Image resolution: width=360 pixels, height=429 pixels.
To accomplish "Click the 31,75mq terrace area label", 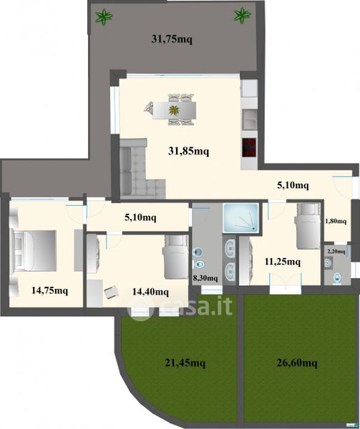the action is tap(172, 39).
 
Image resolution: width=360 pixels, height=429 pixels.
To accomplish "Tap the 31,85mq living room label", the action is tap(188, 151).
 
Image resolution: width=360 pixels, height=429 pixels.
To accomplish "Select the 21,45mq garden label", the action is tap(185, 363).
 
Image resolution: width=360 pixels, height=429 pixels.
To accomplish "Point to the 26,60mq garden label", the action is tap(297, 363).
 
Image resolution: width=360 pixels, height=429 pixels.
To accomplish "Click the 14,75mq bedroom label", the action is tap(49, 290).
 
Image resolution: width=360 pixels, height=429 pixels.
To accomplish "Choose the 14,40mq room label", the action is tap(150, 292).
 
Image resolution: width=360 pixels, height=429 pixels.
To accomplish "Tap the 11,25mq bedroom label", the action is tap(283, 262).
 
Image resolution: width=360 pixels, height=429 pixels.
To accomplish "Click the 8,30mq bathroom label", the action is tap(205, 278).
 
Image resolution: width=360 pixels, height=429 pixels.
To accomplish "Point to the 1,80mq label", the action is tap(336, 221).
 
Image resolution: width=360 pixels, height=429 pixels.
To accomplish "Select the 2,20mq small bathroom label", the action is tap(336, 252).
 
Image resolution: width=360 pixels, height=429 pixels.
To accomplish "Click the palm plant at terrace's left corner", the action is tap(104, 16).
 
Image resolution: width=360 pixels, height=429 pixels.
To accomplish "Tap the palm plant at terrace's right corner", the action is tap(243, 14).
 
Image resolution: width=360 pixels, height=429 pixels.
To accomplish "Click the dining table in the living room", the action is tap(175, 110).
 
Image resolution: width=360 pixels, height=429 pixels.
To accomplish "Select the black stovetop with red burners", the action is tap(249, 147).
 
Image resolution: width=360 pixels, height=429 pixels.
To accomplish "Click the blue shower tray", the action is tap(241, 217).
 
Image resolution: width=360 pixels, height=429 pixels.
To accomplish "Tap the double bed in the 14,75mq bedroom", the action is tap(34, 251).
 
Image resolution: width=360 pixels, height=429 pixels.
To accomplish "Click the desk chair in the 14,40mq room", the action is tap(112, 292).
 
